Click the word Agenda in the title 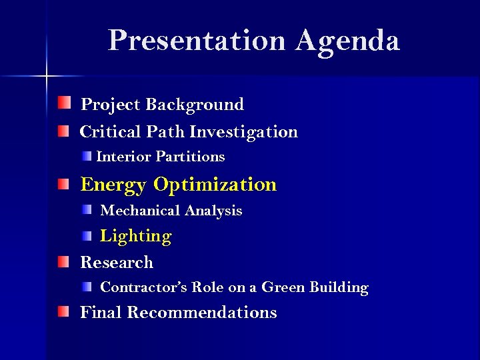point(348,41)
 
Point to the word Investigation point(243,132)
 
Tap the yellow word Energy point(113,185)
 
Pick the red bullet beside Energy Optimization point(63,183)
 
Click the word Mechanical point(140,211)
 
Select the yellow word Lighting point(135,237)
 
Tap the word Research point(117,263)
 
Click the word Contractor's point(143,288)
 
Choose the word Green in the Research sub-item point(284,288)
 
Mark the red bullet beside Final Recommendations point(63,311)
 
